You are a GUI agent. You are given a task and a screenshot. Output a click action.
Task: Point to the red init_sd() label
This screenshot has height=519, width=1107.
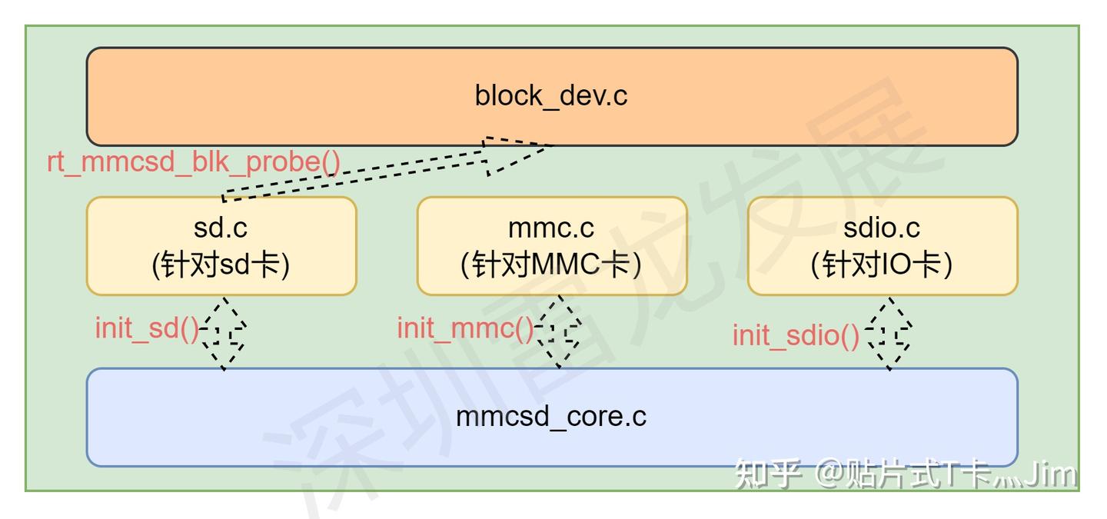click(147, 328)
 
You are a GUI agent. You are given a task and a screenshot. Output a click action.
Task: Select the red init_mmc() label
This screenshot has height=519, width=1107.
click(464, 328)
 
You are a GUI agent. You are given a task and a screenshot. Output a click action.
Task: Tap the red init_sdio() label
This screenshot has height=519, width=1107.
click(796, 336)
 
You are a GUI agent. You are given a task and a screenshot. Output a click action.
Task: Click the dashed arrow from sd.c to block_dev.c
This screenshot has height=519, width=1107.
click(361, 174)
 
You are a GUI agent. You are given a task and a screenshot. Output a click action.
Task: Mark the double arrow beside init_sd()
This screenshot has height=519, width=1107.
click(224, 333)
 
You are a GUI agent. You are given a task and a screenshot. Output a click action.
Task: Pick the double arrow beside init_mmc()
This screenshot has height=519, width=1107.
click(559, 333)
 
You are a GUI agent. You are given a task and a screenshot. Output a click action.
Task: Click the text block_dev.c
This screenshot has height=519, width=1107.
click(551, 96)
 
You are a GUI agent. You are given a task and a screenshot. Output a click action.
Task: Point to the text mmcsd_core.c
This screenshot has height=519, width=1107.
click(551, 417)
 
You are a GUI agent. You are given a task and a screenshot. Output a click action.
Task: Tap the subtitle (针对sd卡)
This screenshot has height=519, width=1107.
click(221, 265)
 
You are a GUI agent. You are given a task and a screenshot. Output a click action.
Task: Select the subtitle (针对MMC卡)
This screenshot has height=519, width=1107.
click(551, 265)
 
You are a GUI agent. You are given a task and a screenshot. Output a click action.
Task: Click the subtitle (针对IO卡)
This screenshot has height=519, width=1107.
click(882, 265)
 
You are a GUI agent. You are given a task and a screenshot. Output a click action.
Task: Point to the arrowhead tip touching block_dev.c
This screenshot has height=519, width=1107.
click(550, 145)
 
